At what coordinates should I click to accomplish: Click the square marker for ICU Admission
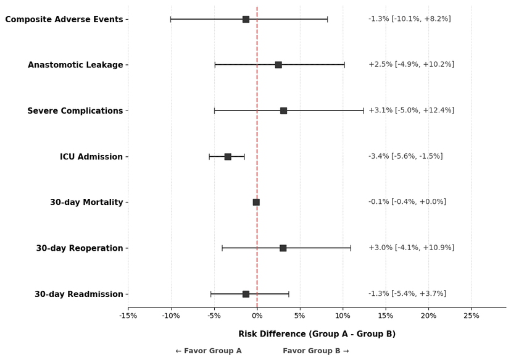(228, 157)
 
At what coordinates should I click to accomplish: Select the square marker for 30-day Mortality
(256, 202)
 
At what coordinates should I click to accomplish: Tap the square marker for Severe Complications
(283, 111)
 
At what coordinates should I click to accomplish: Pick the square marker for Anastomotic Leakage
(278, 65)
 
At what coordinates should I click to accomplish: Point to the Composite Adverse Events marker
(246, 19)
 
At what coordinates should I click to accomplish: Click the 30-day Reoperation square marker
(283, 248)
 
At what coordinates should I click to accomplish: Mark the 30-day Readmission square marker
(246, 294)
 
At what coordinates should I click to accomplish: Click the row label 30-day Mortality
(86, 203)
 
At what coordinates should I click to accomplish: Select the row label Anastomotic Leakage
(75, 65)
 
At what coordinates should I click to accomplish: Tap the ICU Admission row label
(91, 157)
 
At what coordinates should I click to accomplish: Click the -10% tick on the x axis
(171, 316)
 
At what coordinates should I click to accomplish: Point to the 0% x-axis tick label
(257, 316)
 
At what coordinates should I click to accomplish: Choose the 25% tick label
(472, 316)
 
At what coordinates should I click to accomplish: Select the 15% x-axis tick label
(386, 316)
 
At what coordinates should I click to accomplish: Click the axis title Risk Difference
(317, 334)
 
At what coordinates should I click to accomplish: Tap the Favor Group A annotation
(209, 351)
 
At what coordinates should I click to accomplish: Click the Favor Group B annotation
(316, 351)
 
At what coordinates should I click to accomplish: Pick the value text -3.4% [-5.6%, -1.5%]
(405, 156)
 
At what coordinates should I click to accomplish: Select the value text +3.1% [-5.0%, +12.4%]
(411, 111)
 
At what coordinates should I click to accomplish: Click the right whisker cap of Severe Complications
(364, 111)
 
